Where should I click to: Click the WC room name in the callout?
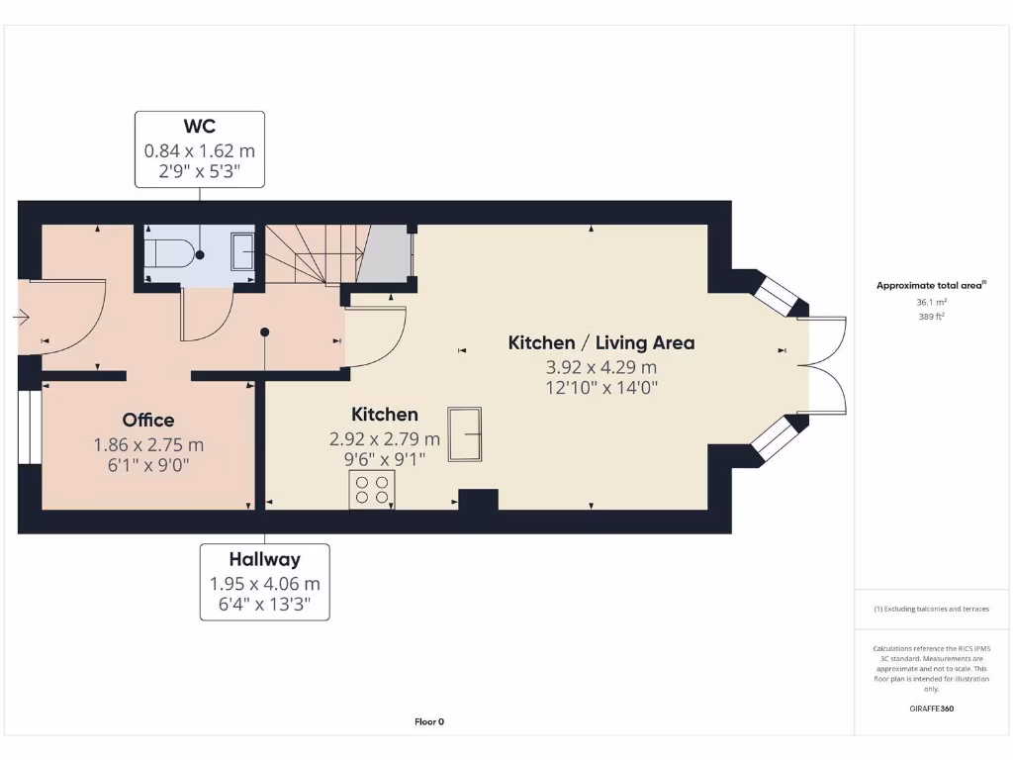199,126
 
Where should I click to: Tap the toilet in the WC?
168,254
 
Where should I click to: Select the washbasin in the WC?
242,251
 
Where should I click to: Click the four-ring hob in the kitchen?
372,489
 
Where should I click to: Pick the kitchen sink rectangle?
465,433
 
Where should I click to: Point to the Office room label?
148,420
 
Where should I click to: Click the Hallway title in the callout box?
265,559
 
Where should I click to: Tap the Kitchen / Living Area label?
601,342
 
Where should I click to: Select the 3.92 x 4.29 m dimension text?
601,367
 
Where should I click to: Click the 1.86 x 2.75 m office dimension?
148,444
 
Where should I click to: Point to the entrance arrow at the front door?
21,318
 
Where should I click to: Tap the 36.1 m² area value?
931,302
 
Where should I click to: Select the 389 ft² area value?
931,316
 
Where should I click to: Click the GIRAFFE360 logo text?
931,709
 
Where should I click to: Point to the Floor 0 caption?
429,721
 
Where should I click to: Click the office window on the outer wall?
30,427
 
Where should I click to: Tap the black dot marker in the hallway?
265,332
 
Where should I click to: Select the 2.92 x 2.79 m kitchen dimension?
385,438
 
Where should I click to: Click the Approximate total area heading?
931,285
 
